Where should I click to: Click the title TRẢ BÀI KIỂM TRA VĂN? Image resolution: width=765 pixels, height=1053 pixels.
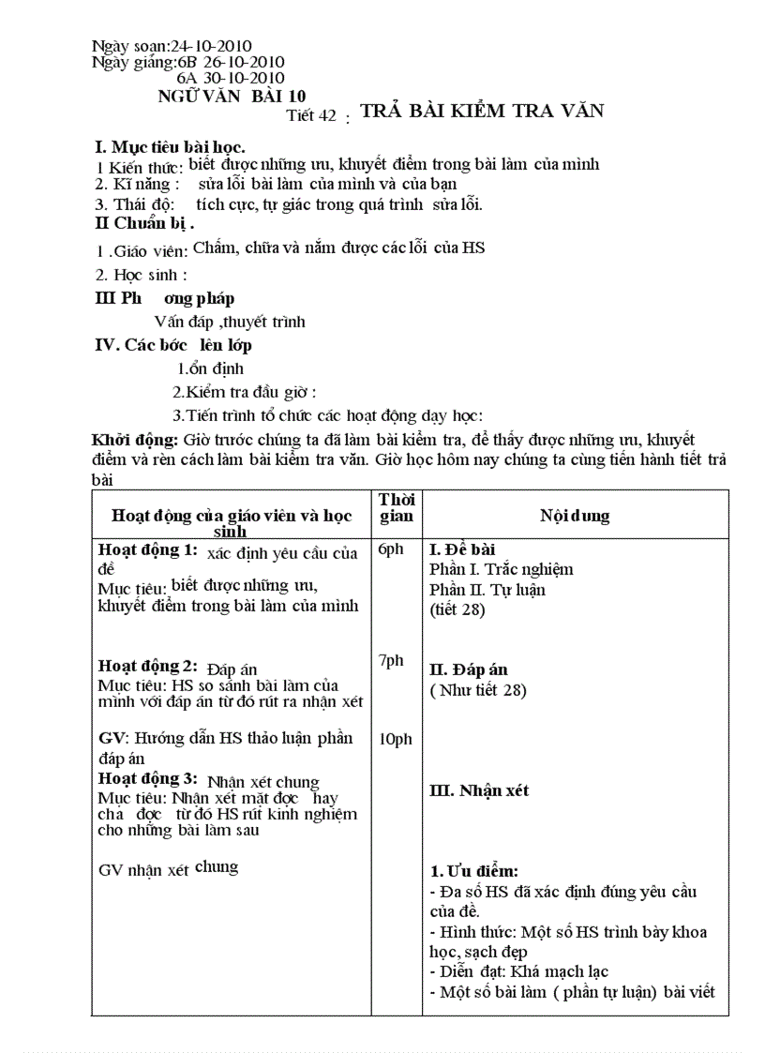(x=482, y=111)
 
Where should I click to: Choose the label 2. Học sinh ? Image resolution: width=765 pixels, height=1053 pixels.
(x=142, y=275)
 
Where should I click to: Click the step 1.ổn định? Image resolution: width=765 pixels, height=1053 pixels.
(x=211, y=369)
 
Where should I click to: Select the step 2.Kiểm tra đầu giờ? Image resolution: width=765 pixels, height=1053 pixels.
(x=244, y=392)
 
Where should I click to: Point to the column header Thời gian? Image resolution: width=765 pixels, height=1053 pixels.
(x=397, y=508)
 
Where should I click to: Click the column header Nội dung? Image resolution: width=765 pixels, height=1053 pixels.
(x=575, y=516)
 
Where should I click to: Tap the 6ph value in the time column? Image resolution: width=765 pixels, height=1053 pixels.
(x=391, y=549)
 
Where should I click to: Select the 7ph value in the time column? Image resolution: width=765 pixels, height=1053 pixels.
(x=391, y=661)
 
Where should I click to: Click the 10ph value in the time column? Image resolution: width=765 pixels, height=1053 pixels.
(x=395, y=740)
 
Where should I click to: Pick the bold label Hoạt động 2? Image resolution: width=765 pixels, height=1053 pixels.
(x=147, y=667)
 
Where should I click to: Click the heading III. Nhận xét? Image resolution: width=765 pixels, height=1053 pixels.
(x=479, y=790)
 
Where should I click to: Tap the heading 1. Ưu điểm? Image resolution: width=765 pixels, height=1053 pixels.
(x=473, y=871)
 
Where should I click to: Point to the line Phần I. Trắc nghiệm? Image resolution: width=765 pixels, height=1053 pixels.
(x=501, y=569)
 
